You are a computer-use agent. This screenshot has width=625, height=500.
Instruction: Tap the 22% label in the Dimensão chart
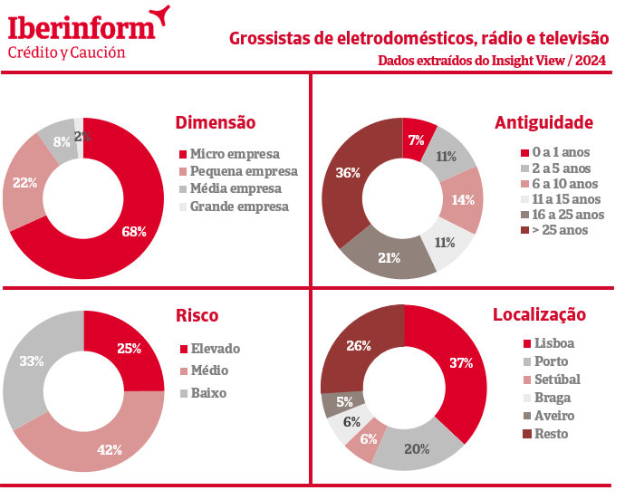pos(24,182)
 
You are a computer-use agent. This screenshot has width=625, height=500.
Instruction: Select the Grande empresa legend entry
pos(239,207)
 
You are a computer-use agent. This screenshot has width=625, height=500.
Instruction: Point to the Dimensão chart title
pos(216,122)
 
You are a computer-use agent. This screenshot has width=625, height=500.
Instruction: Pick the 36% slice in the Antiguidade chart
pos(349,172)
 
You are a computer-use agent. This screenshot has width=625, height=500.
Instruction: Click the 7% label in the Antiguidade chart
pos(417,139)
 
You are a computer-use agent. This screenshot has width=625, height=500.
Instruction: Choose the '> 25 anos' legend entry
pos(561,230)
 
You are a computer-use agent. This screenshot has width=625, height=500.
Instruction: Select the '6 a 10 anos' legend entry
pos(567,184)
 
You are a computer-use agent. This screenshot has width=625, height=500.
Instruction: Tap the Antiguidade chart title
pos(544,122)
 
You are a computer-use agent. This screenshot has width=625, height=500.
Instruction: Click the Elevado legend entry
pos(215,348)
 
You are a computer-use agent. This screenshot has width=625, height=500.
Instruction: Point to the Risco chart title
pos(197,315)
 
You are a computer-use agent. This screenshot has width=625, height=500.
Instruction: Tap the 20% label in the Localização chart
pos(418,449)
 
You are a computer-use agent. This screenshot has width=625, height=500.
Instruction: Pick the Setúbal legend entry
pos(557,380)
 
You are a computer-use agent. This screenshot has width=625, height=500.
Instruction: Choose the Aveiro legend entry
pos(554,416)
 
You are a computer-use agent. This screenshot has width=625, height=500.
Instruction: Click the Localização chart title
pos(539,315)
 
